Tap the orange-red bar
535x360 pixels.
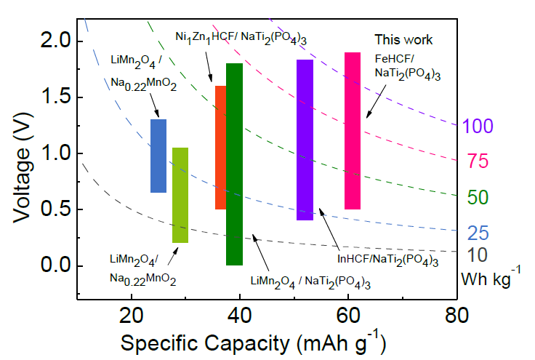click(x=220, y=148)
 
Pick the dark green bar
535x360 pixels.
click(x=234, y=164)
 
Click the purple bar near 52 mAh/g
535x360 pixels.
click(x=305, y=140)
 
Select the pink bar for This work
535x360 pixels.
click(x=353, y=131)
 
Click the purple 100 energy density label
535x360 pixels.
click(x=478, y=127)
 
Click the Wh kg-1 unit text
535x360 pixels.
click(x=491, y=278)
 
